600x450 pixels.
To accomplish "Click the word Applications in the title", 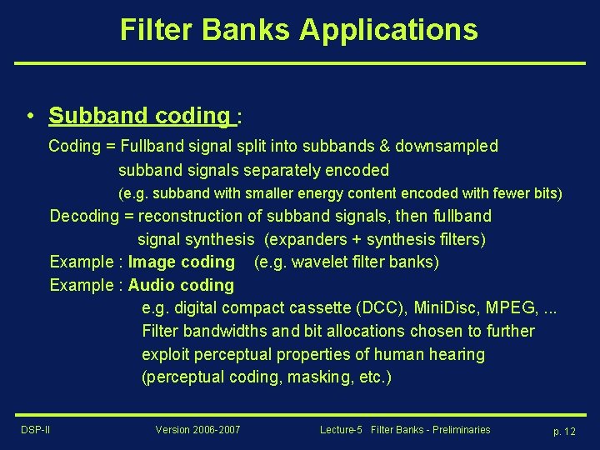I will click(x=388, y=30).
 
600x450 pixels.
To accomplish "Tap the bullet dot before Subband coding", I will click(x=29, y=116).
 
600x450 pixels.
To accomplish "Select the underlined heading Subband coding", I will click(x=138, y=116).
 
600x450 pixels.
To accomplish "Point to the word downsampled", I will click(x=447, y=147).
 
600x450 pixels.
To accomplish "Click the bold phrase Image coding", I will click(x=182, y=262).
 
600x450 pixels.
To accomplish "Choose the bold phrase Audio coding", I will click(x=181, y=286).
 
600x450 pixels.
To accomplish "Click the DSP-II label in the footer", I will click(x=35, y=430).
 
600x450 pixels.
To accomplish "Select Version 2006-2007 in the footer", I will click(x=197, y=430).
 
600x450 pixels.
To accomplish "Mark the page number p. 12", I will click(x=564, y=431).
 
